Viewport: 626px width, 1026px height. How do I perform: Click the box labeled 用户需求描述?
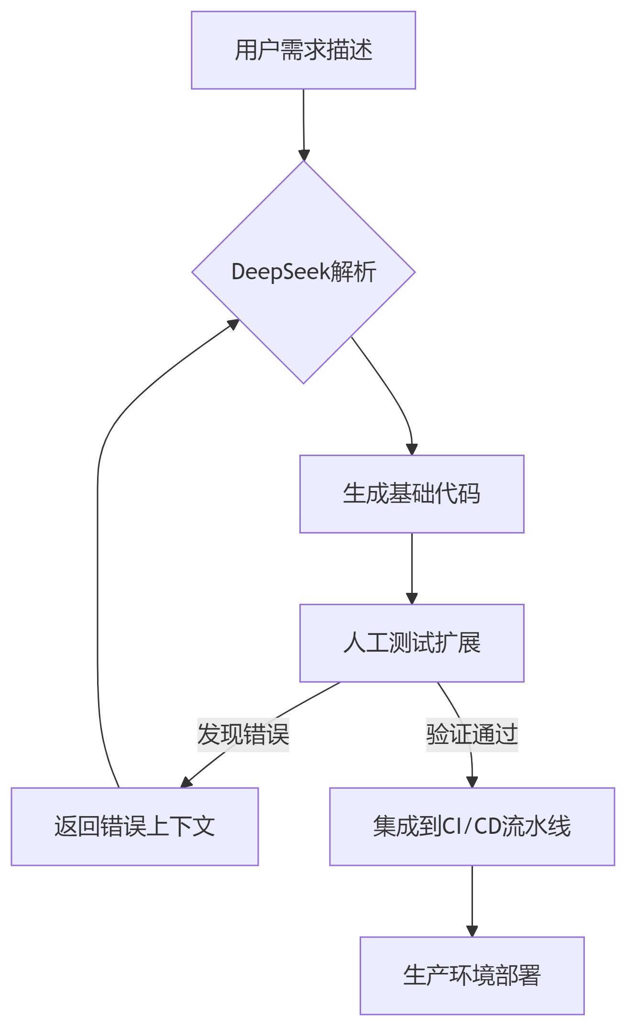tap(303, 50)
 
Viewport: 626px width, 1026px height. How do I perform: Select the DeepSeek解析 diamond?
tap(303, 272)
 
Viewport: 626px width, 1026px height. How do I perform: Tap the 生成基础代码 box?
tap(412, 494)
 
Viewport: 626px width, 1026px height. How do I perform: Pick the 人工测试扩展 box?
tap(412, 643)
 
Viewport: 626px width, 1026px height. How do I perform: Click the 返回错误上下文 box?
tap(135, 827)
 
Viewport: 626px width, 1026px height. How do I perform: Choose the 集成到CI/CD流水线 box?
tap(472, 827)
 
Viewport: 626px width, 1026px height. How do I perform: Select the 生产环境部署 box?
tap(472, 976)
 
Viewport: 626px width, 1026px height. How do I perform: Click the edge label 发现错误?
tap(243, 734)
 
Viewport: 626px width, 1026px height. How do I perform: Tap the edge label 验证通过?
tap(472, 734)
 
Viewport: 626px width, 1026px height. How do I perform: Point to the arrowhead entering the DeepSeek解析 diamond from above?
tap(304, 155)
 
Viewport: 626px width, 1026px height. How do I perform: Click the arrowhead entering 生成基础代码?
tap(412, 449)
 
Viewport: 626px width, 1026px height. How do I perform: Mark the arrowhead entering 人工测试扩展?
tap(412, 599)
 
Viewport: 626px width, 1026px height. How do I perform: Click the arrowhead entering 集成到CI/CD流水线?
tap(472, 782)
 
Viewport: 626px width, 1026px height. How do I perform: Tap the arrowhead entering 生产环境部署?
tap(472, 931)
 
